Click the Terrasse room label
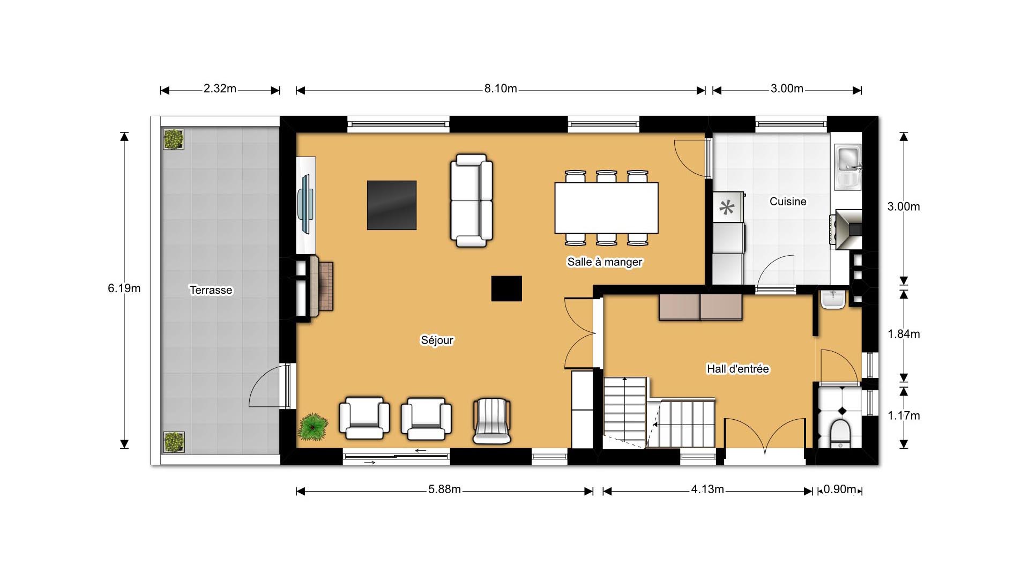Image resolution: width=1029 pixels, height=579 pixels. pos(211,290)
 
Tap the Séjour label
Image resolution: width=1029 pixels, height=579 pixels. pos(437,340)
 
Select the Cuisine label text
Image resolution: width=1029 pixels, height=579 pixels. pos(787,202)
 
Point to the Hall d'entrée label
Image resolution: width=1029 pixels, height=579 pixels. pos(737,369)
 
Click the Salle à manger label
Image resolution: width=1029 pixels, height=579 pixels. pos(605,262)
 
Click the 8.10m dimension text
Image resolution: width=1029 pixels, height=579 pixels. pos(501,88)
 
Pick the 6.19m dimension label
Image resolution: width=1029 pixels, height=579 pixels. pos(124,288)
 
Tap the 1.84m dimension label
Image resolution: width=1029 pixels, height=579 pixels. pos(904,334)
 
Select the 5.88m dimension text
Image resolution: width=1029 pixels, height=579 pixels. pos(444,489)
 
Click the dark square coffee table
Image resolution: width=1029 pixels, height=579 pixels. pos(392,205)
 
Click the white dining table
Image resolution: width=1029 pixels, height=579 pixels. pos(606,208)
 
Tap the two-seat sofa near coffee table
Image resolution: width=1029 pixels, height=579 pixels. pos(471,201)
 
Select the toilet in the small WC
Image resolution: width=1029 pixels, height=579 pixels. pos(839,433)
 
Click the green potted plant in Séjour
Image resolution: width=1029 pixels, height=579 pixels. pos(313,427)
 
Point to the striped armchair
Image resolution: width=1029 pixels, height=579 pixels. pos(491,421)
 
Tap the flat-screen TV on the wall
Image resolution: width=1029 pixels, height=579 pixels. pos(307,204)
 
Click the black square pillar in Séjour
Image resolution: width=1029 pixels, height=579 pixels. pos(506,288)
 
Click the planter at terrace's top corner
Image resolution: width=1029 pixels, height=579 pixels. pos(173,139)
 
